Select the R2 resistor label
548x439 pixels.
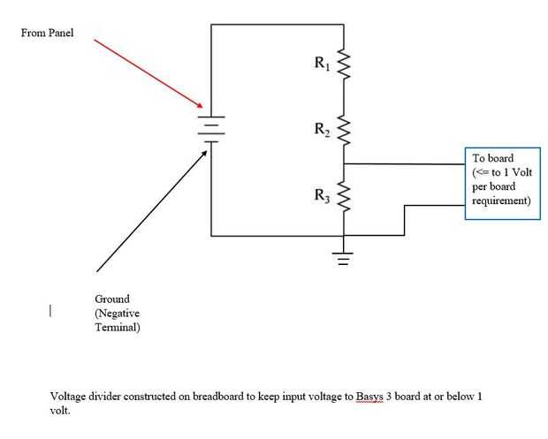click(323, 129)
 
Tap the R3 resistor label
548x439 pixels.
click(323, 196)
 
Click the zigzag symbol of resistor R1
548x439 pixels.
click(344, 64)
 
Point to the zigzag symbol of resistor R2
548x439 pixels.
click(344, 131)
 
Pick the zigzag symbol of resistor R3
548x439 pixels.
click(344, 198)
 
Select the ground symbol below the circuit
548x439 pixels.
click(343, 258)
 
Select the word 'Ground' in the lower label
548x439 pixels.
click(112, 299)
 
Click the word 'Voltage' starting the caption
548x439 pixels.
click(69, 397)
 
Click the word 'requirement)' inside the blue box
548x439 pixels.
click(501, 201)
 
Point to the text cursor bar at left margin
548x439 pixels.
click(51, 310)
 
